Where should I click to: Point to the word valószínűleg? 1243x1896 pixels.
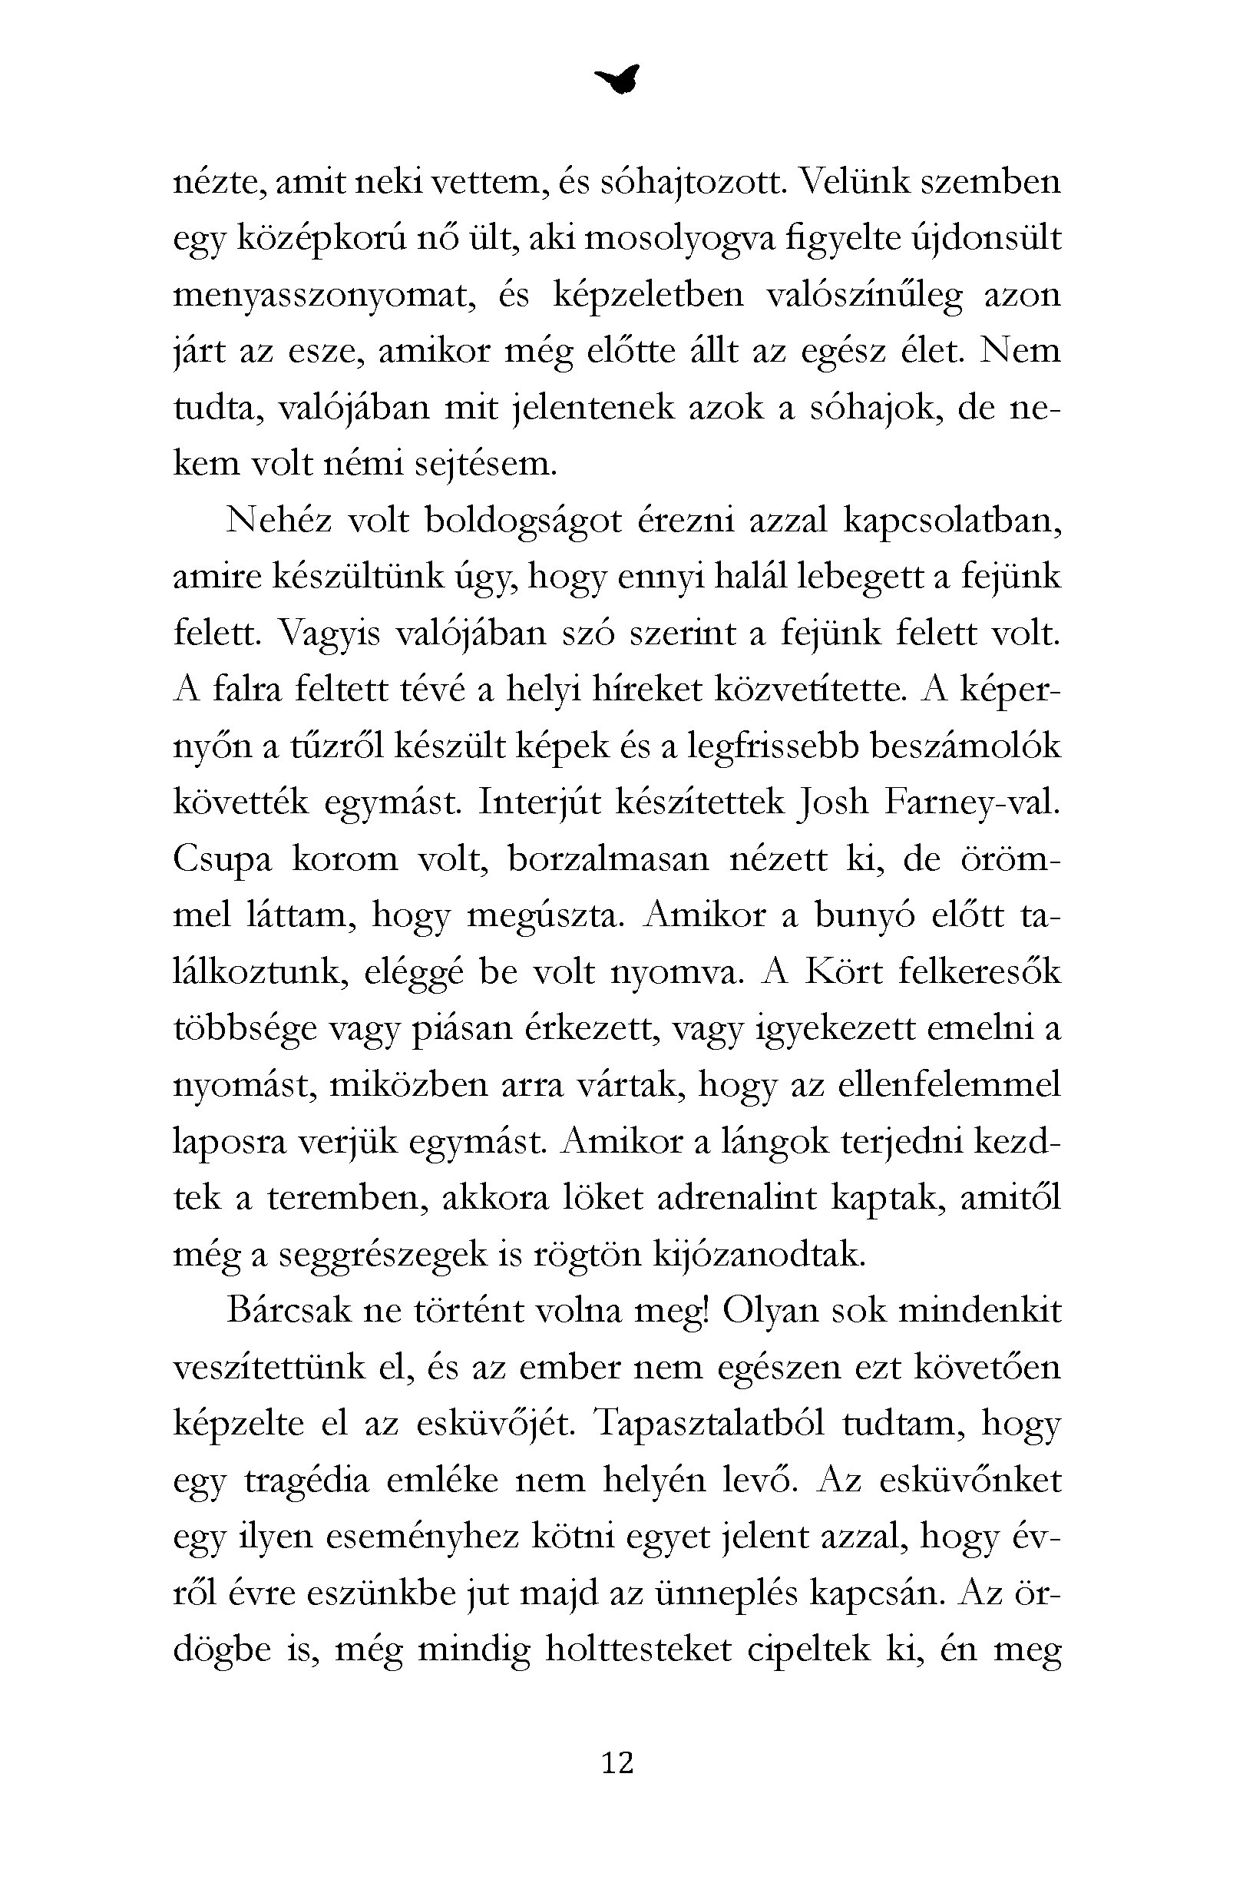864,296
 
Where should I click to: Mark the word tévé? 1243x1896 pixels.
435,690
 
